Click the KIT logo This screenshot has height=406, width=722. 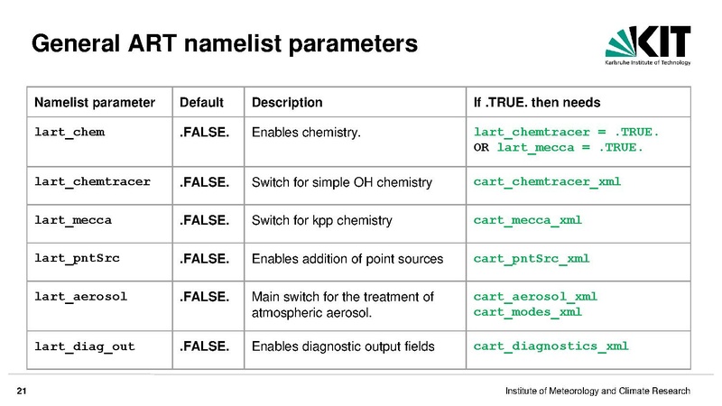648,45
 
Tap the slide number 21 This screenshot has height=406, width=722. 22,392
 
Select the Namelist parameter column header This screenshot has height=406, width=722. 95,102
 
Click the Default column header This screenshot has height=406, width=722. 201,102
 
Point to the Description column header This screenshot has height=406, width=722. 287,102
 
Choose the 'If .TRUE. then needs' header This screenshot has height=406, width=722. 537,102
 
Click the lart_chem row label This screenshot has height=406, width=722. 69,132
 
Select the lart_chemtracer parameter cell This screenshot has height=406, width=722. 93,182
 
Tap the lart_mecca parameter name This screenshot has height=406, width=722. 73,220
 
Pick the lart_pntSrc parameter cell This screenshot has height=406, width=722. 77,258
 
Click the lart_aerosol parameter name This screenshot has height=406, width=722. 80,297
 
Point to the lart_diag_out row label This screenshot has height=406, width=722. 85,346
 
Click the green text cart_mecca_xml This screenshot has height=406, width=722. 528,220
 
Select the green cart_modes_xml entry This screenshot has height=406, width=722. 528,312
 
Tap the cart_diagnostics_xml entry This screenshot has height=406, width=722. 551,346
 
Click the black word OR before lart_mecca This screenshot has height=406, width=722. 481,148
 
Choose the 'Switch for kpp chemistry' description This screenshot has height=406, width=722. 322,220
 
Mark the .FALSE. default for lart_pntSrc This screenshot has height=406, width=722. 205,259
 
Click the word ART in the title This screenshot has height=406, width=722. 152,43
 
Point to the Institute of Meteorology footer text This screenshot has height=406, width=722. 597,392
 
